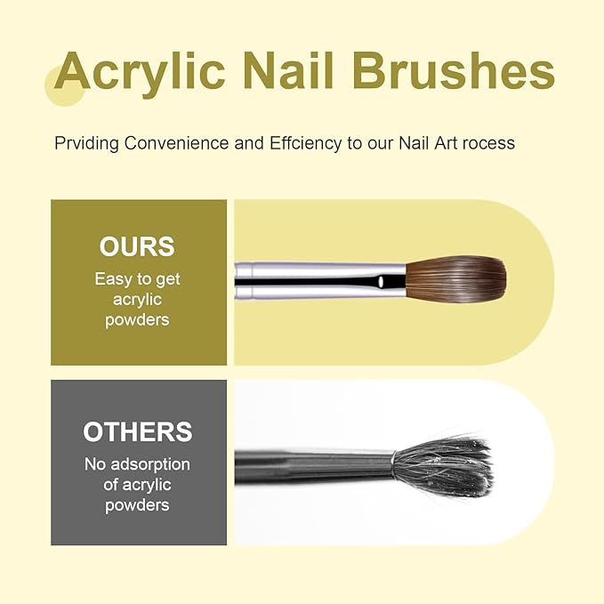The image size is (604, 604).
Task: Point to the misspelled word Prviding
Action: pos(85,142)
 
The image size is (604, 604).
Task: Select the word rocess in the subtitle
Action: pos(485,142)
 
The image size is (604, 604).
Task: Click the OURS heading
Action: pos(137,246)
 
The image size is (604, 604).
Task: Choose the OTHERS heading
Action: pos(137,431)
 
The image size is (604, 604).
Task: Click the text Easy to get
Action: pos(137,278)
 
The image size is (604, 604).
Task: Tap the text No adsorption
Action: pos(137,463)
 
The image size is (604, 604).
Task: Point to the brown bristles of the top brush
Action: pos(457,281)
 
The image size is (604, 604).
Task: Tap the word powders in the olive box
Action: pos(137,319)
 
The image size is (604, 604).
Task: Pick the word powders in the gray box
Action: pos(137,504)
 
